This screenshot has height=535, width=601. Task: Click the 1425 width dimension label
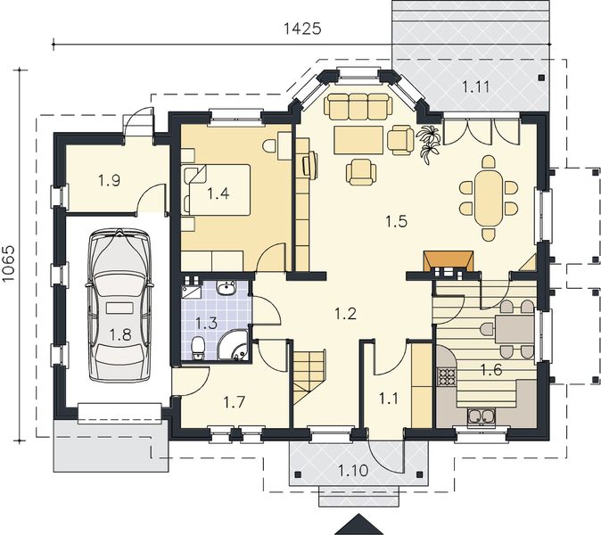pos(302,29)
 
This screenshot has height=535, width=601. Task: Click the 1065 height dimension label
pos(8,263)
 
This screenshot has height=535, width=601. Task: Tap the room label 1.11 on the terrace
pos(475,87)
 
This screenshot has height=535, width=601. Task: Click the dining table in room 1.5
pos(489,198)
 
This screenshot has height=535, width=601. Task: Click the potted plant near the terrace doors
pos(428,144)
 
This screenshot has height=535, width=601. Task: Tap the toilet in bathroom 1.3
pos(198,348)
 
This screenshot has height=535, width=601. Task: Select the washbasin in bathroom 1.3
pos(226,288)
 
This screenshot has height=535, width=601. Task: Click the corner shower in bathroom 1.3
pos(233,345)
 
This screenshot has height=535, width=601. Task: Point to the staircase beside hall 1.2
pos(310,370)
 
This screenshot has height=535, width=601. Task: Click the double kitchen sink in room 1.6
pos(481,417)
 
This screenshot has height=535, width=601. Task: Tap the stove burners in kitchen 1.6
pos(446,377)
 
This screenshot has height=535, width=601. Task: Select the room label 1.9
pos(110,180)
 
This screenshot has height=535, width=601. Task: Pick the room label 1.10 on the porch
pos(353,470)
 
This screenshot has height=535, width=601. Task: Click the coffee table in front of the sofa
pos(358,140)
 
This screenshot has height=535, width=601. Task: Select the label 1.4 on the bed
pos(218,193)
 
